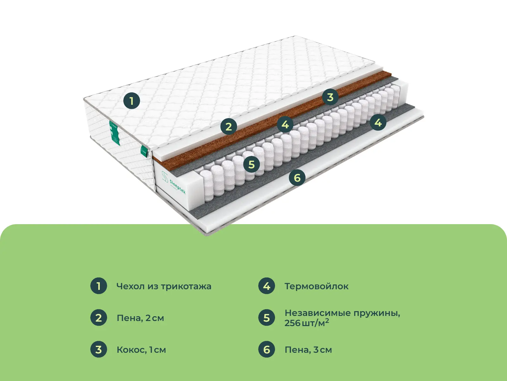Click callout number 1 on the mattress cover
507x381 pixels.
[132, 101]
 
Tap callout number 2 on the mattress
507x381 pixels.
[229, 126]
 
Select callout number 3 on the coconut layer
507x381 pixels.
[330, 97]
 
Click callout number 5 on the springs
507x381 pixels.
[251, 164]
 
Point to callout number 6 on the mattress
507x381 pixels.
[297, 177]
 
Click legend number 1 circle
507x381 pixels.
[99, 286]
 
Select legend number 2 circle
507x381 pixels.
[99, 317]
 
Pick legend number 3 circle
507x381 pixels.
[99, 349]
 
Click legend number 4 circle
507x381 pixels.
[266, 286]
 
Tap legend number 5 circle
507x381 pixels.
[266, 317]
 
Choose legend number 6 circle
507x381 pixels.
[266, 349]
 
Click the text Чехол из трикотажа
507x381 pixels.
[164, 286]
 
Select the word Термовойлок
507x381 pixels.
[317, 286]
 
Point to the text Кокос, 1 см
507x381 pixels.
[141, 350]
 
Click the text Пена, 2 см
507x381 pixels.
[140, 318]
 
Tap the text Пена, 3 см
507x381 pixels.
[308, 350]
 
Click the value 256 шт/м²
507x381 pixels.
[307, 323]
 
